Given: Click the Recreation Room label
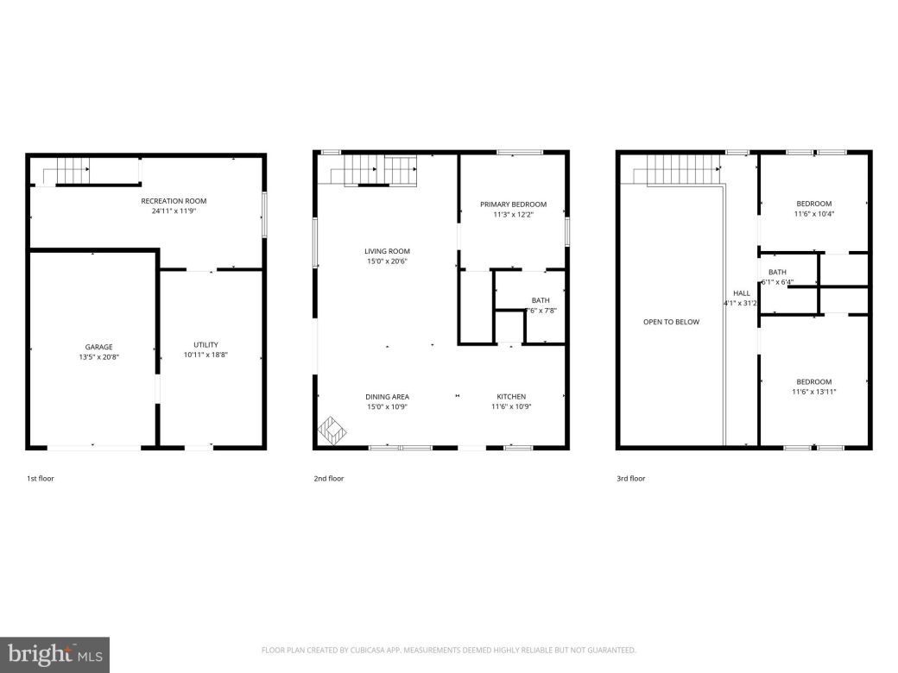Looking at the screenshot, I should tap(174, 201).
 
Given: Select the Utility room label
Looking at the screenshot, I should tap(206, 344).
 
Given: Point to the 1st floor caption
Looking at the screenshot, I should tap(41, 478).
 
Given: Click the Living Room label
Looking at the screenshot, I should tap(387, 251).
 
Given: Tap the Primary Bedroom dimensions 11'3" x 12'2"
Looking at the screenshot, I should tap(513, 215).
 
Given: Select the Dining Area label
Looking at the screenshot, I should tap(387, 397).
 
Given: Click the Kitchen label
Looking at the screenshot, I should tap(510, 397).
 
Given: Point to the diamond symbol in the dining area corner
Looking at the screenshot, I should tap(334, 429).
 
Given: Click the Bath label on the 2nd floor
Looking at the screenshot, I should tap(541, 300).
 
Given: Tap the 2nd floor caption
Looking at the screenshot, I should tap(328, 478).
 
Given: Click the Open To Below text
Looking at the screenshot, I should tap(671, 322).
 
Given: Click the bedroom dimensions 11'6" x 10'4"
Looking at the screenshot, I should tap(813, 214).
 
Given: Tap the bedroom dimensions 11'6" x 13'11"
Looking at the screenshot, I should tap(813, 392).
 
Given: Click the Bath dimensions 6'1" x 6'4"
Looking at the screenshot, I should tap(776, 282).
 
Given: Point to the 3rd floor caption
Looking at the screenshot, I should tap(630, 478).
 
